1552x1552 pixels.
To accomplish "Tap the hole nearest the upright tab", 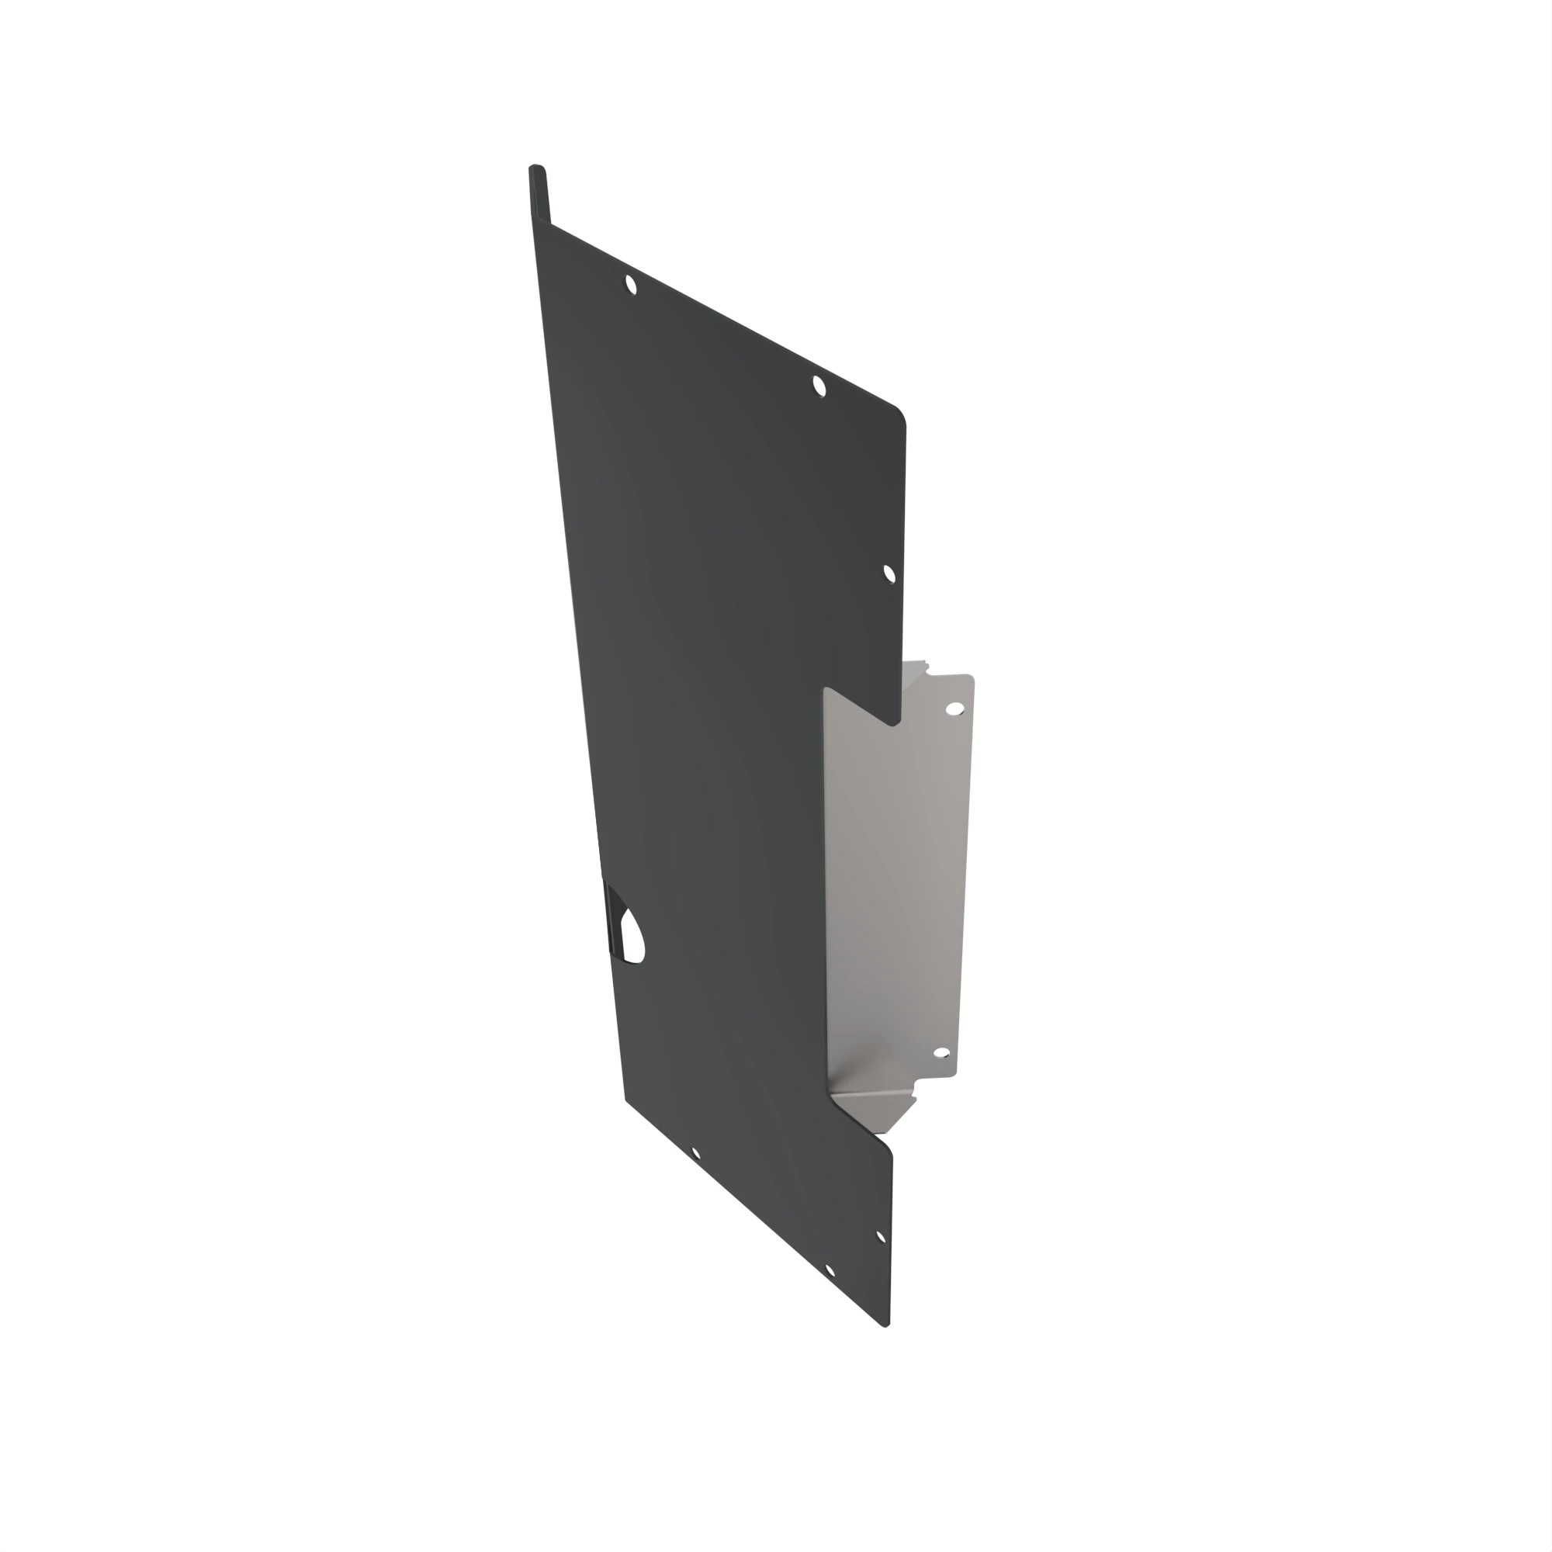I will coord(631,284).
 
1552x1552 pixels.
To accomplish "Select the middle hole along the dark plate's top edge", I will coord(819,386).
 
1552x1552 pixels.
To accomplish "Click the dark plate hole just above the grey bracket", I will coord(889,573).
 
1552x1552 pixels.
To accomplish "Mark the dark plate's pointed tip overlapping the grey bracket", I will coord(891,723).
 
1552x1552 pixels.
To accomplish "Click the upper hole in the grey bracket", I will coord(954,708).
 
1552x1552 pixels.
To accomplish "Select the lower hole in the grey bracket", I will coord(941,1053).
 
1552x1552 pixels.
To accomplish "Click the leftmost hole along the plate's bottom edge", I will coord(695,1155).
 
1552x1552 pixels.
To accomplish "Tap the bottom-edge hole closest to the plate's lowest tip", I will coord(830,1270).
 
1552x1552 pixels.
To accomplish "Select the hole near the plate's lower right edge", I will coord(880,1237).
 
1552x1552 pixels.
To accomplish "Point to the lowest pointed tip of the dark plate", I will coord(885,1325).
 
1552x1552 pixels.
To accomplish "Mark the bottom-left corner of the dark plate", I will coord(626,1098).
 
